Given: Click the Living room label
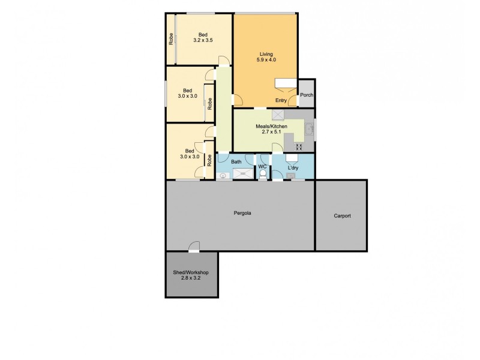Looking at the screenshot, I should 266,53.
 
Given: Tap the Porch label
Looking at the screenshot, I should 307,95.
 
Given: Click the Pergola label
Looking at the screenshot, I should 242,213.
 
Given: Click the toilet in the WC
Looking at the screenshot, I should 263,175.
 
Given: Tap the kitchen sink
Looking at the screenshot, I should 308,129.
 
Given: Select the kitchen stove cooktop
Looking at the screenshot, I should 299,146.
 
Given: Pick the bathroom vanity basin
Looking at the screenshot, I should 224,176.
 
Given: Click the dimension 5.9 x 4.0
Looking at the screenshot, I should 266,60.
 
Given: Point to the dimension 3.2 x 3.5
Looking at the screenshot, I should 203,40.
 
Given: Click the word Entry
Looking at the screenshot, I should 281,100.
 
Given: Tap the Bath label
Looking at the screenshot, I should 236,161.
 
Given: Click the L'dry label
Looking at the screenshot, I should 293,167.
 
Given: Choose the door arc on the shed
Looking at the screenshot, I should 194,246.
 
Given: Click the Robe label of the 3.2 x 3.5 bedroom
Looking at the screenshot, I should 171,40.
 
